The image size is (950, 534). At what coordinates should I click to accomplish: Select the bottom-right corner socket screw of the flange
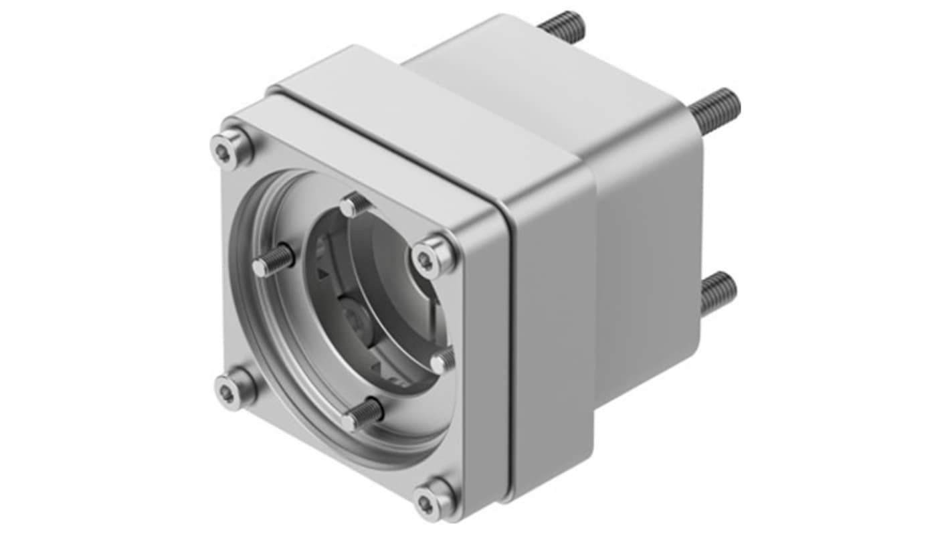tap(432, 498)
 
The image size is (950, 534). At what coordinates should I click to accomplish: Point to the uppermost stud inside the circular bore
tap(354, 205)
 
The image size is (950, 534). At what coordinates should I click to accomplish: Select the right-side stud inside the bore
tap(442, 361)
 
